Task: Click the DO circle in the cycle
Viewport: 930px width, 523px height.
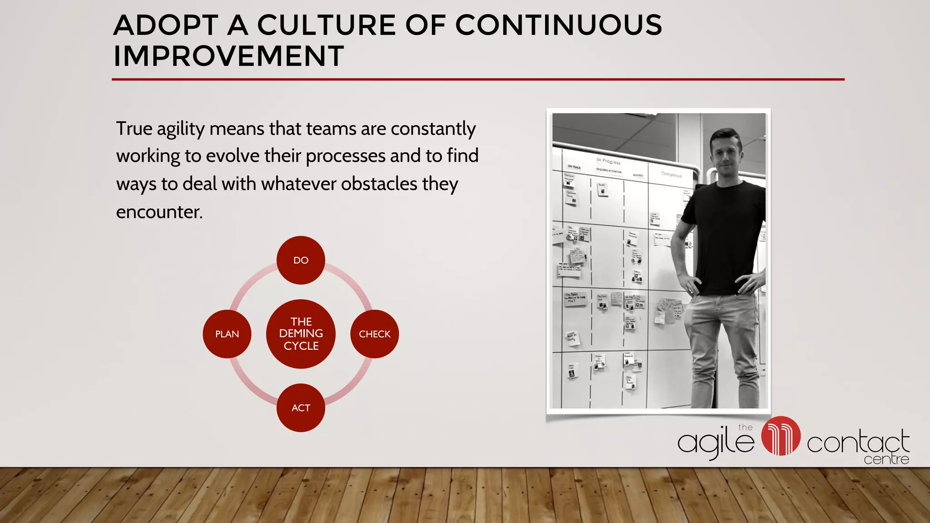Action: click(x=301, y=260)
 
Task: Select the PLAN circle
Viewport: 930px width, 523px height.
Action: click(x=227, y=334)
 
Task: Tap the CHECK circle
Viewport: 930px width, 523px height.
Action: click(x=375, y=334)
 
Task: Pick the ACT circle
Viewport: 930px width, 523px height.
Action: click(x=301, y=408)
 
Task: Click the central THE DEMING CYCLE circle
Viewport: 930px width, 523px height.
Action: click(x=301, y=334)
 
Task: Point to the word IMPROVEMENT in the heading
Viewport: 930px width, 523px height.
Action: click(x=228, y=56)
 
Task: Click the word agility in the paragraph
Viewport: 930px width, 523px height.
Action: click(x=181, y=129)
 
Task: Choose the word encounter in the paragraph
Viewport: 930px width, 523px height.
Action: click(x=159, y=212)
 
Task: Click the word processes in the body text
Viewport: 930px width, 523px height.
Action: click(x=345, y=156)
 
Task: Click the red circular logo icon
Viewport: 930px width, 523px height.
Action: click(x=781, y=436)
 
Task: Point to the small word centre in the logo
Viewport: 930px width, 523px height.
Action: click(x=886, y=459)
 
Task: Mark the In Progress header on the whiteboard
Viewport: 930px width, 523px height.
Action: click(x=608, y=161)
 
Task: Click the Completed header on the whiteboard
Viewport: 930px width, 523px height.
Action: click(x=672, y=175)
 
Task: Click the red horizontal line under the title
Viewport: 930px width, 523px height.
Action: click(x=478, y=79)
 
